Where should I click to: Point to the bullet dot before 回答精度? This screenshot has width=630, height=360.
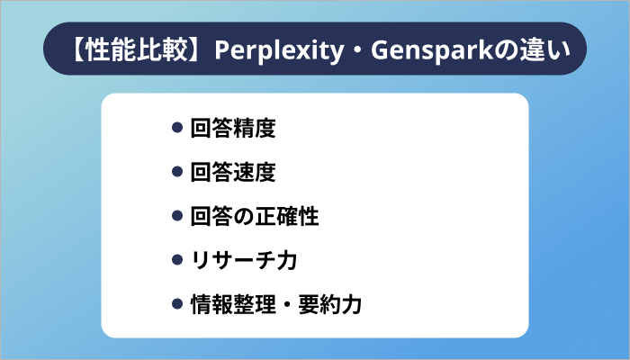pyautogui.click(x=177, y=129)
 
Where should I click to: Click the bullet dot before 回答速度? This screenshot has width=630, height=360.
pyautogui.click(x=177, y=173)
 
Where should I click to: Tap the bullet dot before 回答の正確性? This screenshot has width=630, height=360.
pyautogui.click(x=177, y=217)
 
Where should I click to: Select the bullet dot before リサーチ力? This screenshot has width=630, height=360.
pyautogui.click(x=177, y=261)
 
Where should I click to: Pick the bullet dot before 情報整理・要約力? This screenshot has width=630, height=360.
pyautogui.click(x=177, y=305)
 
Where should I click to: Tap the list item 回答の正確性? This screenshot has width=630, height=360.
pyautogui.click(x=255, y=217)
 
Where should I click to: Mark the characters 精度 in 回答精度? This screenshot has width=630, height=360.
pyautogui.click(x=255, y=129)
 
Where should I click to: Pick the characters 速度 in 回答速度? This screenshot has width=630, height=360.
pyautogui.click(x=255, y=173)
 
